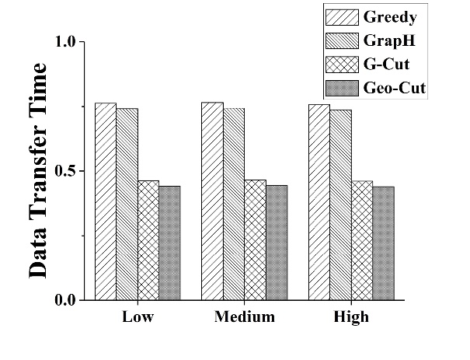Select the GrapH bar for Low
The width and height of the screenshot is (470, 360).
tap(127, 204)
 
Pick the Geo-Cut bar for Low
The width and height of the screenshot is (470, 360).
tap(169, 243)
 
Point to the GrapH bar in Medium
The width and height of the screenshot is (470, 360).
tap(233, 204)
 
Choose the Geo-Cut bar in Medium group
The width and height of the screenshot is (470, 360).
tap(276, 242)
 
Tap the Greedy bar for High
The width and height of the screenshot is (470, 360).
tap(319, 201)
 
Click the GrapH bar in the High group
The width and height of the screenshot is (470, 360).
tap(340, 204)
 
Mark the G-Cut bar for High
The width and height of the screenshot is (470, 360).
tap(361, 240)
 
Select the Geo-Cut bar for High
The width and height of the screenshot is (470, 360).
tap(383, 243)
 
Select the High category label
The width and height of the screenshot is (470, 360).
tap(351, 317)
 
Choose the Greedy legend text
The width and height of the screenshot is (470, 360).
tap(389, 17)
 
